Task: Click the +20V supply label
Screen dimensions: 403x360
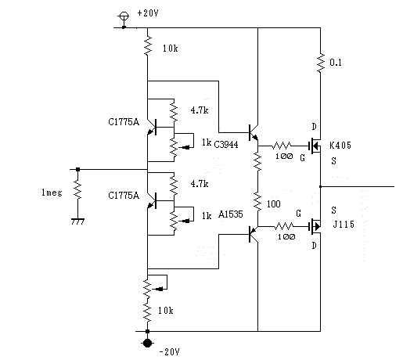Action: pos(148,13)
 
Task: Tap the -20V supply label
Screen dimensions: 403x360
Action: pos(169,352)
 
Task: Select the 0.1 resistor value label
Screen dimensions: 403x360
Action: pos(336,63)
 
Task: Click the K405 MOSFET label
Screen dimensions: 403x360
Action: pos(340,145)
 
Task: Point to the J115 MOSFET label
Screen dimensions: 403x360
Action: pos(344,224)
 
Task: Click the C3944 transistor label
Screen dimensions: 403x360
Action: pos(226,144)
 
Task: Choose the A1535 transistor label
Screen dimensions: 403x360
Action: pos(231,214)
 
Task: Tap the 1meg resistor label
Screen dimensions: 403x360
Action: pos(52,193)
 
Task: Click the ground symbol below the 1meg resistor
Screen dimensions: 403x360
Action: pos(77,221)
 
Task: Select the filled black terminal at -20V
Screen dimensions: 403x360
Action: pos(147,343)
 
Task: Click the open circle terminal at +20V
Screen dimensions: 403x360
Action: pos(124,16)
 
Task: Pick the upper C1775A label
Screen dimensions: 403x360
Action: pos(124,122)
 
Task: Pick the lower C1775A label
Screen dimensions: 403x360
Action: pos(124,196)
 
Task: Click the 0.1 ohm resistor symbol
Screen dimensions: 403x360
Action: pos(321,63)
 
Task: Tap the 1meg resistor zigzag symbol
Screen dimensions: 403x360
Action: pos(77,189)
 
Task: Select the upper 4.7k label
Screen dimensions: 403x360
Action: pos(200,110)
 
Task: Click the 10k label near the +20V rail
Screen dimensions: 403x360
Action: pos(171,49)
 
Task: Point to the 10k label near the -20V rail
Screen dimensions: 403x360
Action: pos(165,311)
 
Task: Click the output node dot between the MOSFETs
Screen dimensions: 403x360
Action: pos(321,186)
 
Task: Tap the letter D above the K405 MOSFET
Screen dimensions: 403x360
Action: pos(315,127)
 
